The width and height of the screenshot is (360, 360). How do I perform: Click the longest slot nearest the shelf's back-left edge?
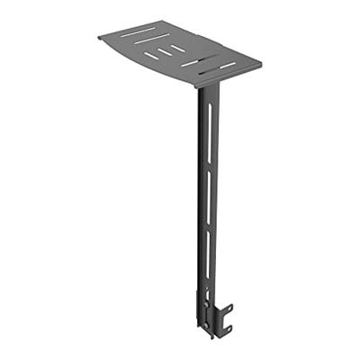tap(137, 32)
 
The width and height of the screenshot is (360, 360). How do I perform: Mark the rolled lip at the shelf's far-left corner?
tap(101, 38)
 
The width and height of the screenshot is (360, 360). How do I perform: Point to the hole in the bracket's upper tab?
tap(227, 310)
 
